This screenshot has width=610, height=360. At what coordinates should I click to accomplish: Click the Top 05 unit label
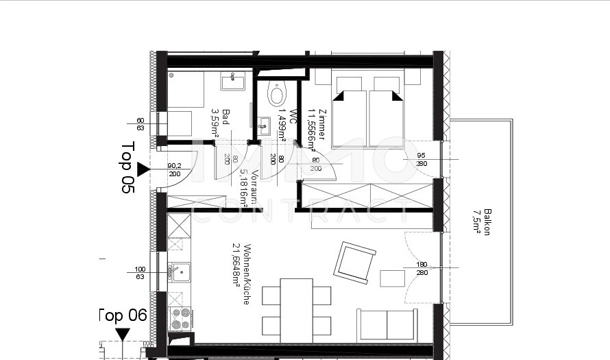click(x=127, y=167)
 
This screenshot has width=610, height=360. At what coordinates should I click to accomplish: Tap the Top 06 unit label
click(x=123, y=315)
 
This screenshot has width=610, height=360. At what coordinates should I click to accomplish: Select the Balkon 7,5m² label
click(x=482, y=221)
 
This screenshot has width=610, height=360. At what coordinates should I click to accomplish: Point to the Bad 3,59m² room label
click(x=220, y=123)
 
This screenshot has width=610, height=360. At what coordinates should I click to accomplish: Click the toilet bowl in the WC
click(x=277, y=95)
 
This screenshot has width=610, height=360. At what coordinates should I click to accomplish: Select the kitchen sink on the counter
click(x=180, y=273)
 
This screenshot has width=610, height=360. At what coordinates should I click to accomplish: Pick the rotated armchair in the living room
click(x=354, y=262)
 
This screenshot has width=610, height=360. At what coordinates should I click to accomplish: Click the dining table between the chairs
click(x=296, y=307)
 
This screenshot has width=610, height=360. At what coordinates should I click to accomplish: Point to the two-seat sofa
click(x=387, y=324)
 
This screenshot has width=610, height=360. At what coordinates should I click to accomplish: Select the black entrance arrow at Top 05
click(x=143, y=169)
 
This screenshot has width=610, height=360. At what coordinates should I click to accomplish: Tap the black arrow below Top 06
click(x=123, y=334)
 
